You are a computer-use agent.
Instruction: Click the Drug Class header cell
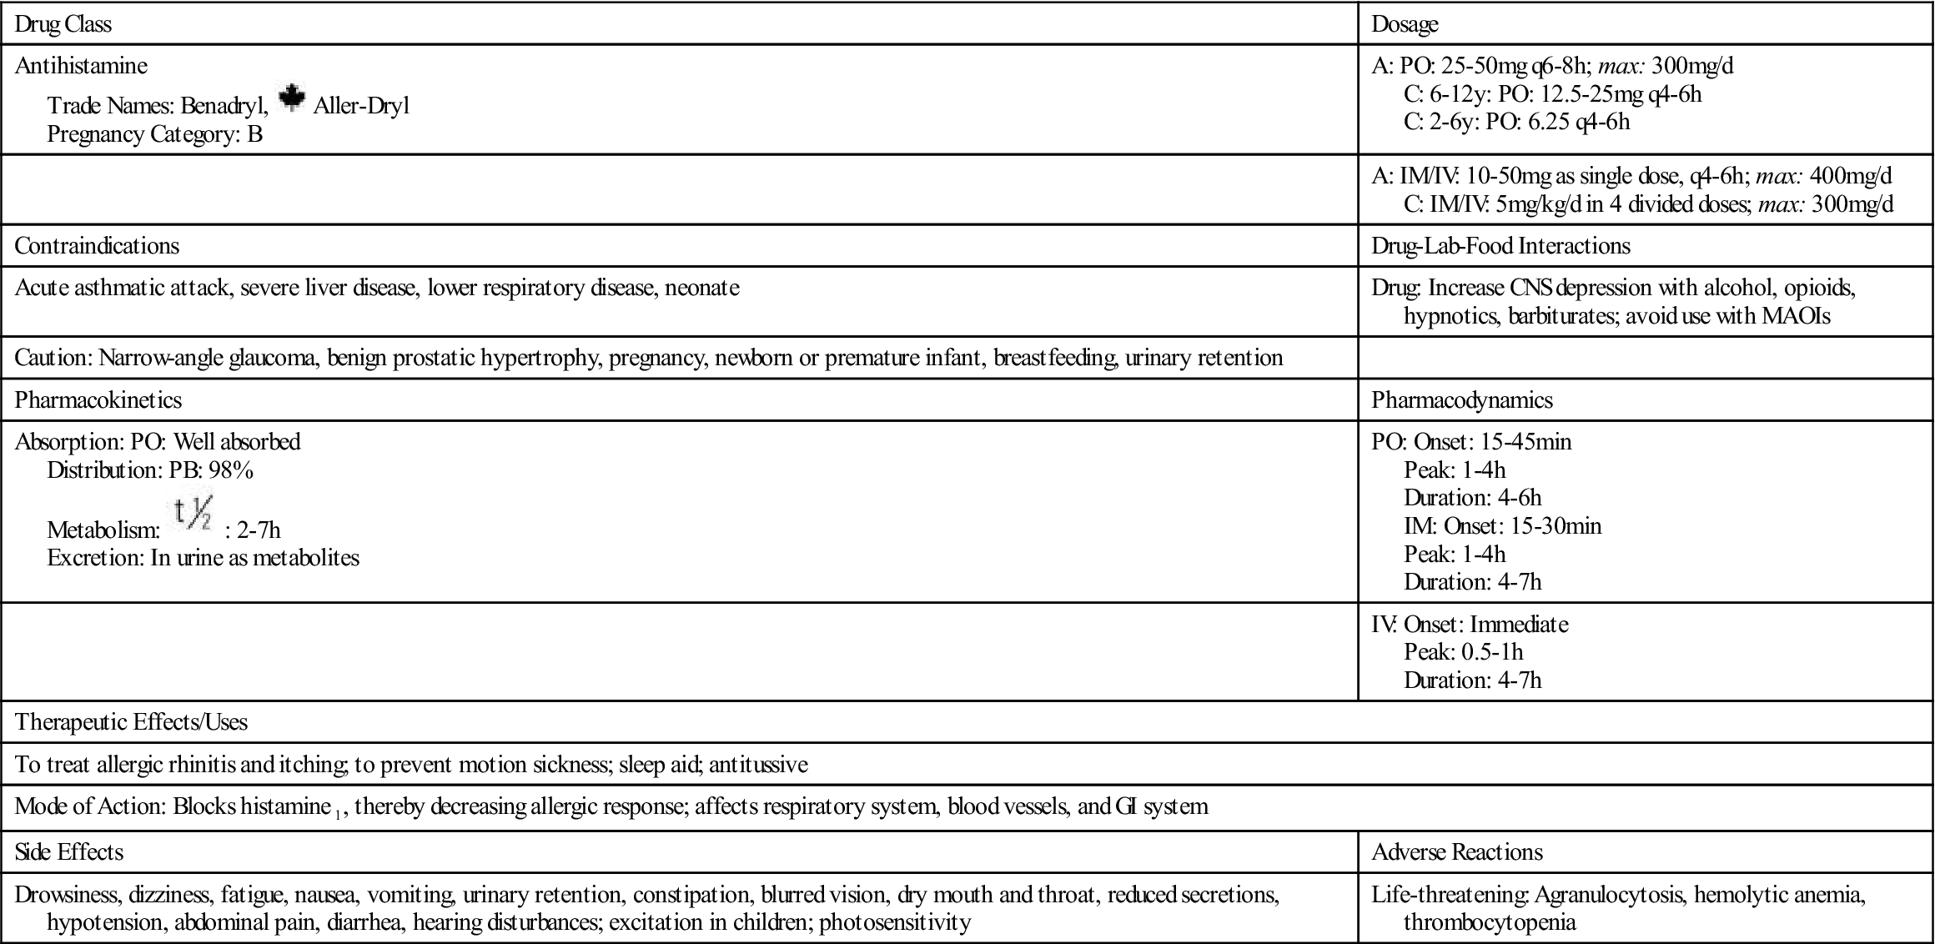pos(63,24)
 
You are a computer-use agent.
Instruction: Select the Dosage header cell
pos(1405,24)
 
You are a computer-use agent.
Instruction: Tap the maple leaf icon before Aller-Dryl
pos(290,98)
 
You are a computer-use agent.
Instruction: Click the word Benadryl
pos(224,106)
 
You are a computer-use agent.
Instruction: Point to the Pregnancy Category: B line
pos(155,133)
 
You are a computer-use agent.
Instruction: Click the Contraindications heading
pos(97,246)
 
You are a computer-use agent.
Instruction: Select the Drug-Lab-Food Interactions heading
pos(1500,246)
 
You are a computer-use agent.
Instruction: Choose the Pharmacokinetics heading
pos(98,399)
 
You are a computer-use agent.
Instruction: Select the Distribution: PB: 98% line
pos(150,469)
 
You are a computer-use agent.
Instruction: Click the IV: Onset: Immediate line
pos(1470,624)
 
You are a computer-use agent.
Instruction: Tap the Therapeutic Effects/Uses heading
pos(132,721)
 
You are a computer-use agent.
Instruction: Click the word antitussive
pos(758,764)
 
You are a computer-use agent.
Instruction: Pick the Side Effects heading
pos(69,851)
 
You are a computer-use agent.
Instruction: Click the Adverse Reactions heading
pos(1457,851)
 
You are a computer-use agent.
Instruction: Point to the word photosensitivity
pos(895,922)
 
